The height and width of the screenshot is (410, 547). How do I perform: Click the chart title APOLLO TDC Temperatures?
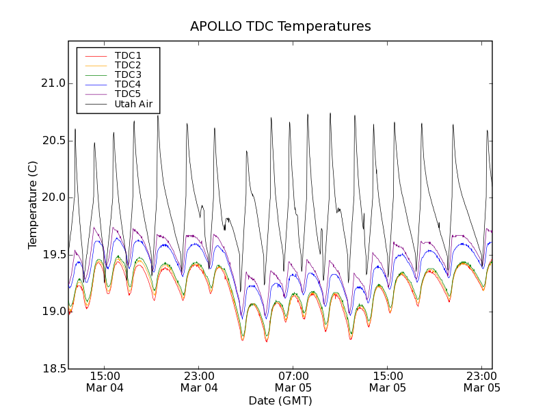coord(280,27)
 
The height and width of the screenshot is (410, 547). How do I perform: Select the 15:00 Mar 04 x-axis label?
coord(105,382)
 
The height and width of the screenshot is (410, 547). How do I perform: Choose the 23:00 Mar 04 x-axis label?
coord(199,382)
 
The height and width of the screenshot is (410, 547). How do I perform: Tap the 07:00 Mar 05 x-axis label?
coord(293,382)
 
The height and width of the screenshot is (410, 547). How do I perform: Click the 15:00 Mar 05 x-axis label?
coord(388,382)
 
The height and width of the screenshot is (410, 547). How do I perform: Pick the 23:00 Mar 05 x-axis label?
coord(481,382)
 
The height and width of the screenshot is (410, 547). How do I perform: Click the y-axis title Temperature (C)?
coord(33,205)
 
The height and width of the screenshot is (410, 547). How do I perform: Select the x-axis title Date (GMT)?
coord(280,400)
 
